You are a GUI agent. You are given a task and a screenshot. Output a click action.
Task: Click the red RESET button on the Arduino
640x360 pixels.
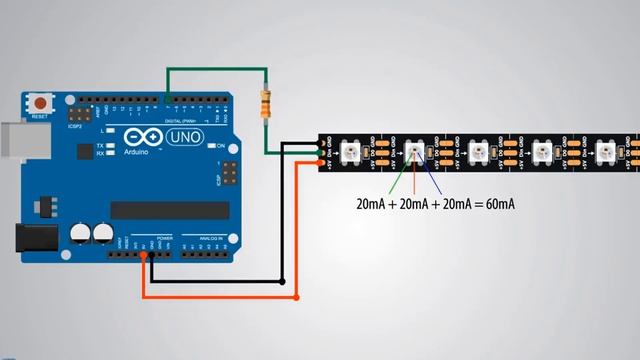pos(40,103)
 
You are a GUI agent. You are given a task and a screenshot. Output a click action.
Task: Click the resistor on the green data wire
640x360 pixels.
pos(266,104)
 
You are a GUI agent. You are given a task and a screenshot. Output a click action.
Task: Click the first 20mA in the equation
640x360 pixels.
pos(375,204)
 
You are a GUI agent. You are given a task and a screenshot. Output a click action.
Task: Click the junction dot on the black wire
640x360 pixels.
pos(282,281)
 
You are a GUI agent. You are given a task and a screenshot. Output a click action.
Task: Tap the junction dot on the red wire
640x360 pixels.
pos(297,297)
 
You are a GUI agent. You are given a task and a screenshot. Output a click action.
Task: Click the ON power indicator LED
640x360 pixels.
pos(209,146)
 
